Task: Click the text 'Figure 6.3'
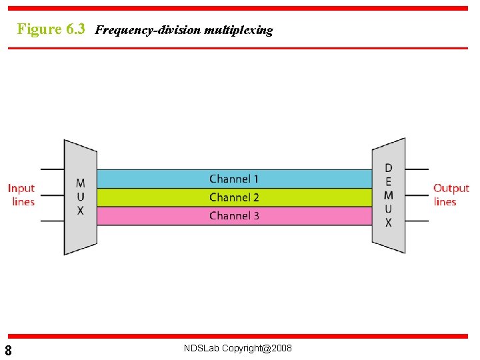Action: point(51,29)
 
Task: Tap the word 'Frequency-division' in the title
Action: point(148,30)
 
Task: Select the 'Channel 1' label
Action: point(234,179)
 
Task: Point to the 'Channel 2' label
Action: point(234,197)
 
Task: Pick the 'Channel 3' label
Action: point(234,216)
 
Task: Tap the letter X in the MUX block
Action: point(80,211)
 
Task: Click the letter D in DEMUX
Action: point(389,168)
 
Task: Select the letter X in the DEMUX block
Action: point(389,223)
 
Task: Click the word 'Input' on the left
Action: point(21,189)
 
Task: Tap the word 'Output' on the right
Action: point(451,189)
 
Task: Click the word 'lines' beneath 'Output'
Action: point(445,202)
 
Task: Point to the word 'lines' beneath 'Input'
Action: point(23,202)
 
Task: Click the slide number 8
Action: point(8,351)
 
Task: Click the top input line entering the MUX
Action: point(52,169)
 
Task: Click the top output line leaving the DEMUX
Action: point(417,169)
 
